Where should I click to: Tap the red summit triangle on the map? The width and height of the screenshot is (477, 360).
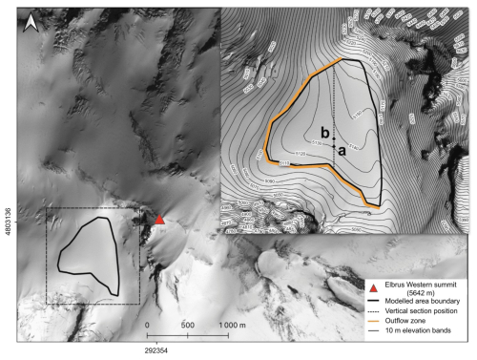point(160,221)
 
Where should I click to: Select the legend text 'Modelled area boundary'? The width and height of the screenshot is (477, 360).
point(424,307)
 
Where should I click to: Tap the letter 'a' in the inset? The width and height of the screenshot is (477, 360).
point(342,149)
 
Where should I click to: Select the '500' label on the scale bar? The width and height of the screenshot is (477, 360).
point(187,325)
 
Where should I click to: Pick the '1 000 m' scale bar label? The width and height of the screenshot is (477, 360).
point(238,325)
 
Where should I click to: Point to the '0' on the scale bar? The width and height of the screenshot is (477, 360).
point(149,325)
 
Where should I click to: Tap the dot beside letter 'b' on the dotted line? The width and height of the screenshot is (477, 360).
point(334,138)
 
